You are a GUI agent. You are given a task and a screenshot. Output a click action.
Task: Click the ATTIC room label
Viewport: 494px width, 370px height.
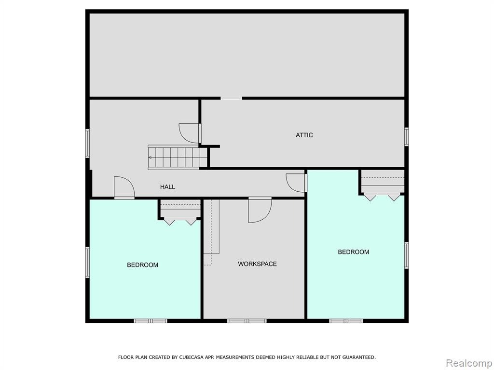click(x=304, y=135)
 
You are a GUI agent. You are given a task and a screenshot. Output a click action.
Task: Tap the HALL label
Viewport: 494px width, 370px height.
click(x=167, y=187)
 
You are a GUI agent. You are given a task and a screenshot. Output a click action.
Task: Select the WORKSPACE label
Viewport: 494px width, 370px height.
click(x=258, y=264)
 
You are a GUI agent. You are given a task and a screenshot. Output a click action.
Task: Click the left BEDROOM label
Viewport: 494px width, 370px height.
click(x=142, y=265)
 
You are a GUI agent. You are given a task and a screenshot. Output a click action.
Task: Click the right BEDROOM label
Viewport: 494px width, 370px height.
click(x=354, y=252)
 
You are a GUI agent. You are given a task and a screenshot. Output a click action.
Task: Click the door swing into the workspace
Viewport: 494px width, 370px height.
click(x=260, y=210)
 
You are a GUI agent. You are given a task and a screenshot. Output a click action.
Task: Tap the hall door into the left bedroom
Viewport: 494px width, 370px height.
click(x=124, y=188)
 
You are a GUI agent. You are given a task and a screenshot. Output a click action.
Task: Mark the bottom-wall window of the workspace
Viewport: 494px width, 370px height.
click(x=247, y=321)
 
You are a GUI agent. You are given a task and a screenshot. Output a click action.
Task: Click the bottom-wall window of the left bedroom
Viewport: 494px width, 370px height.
click(x=151, y=321)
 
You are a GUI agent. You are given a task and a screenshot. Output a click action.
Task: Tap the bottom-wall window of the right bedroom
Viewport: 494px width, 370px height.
click(x=346, y=321)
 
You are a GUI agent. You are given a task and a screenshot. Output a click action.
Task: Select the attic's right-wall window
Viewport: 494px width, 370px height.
click(x=406, y=137)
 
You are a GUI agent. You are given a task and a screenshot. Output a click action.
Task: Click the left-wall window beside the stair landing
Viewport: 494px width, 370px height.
click(x=88, y=143)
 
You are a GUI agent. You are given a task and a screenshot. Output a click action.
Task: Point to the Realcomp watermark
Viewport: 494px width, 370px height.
click(x=468, y=363)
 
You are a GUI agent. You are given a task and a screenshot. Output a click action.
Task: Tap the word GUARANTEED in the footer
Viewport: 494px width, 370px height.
click(x=359, y=357)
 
